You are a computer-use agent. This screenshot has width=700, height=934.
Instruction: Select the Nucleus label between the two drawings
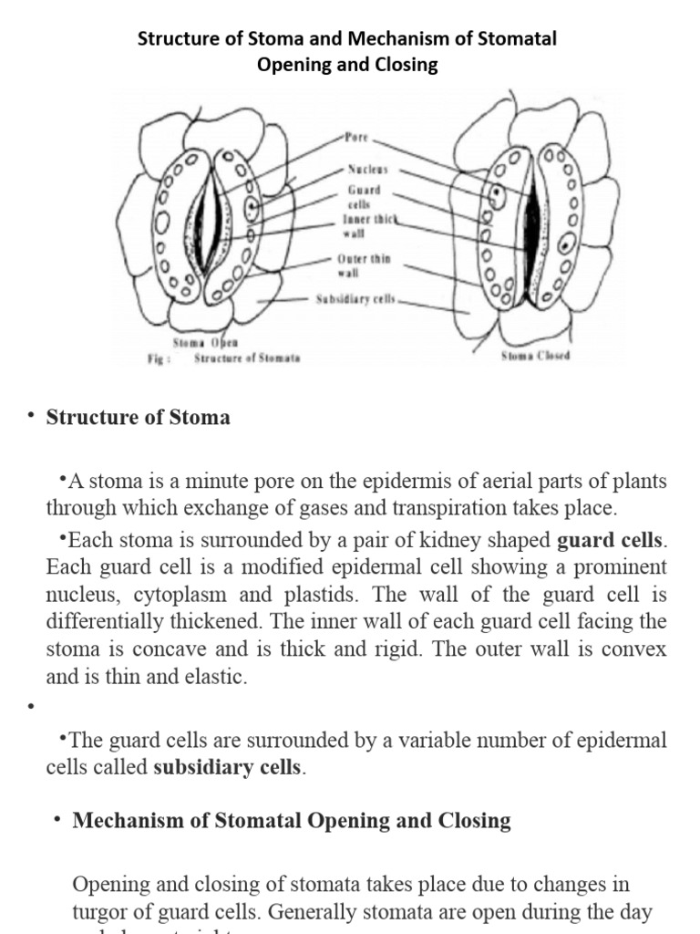point(367,170)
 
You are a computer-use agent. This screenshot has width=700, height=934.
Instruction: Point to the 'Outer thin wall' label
point(364,265)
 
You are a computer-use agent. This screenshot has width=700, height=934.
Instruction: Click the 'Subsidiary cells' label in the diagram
point(355,298)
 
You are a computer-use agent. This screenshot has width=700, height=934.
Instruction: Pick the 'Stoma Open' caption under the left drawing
point(211,342)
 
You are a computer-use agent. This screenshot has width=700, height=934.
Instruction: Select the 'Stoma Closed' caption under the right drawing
point(535,356)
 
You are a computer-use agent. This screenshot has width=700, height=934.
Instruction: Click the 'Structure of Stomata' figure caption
point(246,358)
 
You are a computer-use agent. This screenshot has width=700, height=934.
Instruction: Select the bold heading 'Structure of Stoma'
point(138,418)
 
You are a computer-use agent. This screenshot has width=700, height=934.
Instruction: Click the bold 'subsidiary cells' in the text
point(226,767)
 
